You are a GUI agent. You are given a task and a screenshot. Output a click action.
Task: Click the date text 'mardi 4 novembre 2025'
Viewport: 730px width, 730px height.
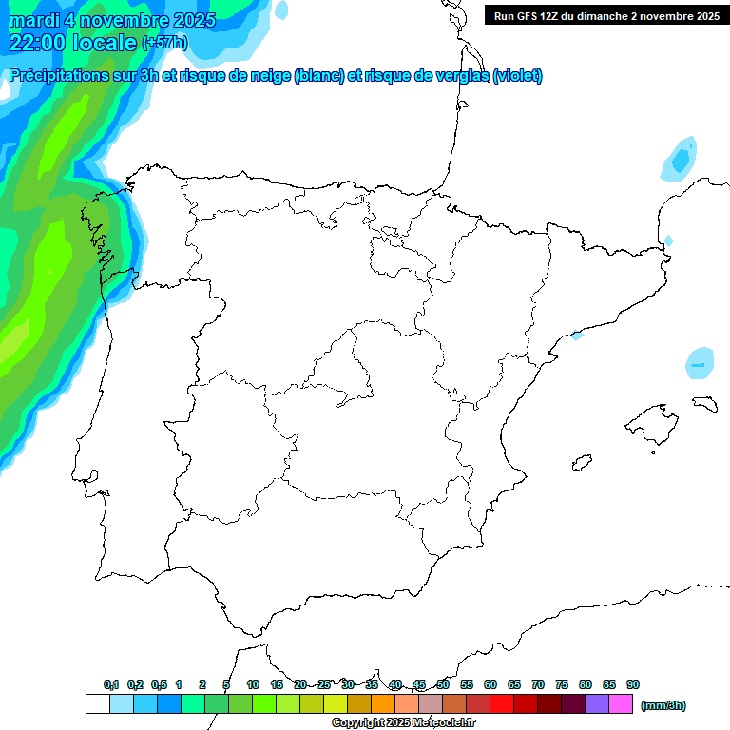112,20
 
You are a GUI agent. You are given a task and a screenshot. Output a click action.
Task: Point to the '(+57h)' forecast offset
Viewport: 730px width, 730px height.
164,43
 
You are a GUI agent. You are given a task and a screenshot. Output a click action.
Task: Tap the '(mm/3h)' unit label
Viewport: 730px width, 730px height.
663,705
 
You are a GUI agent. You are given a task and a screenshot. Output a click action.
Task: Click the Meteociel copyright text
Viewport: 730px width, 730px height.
403,723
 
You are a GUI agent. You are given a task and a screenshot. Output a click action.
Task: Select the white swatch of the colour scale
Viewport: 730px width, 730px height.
97,704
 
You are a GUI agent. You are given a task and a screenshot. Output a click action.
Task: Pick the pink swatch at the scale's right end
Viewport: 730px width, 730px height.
621,704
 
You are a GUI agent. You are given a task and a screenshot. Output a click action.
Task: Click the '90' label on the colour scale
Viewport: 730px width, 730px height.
633,684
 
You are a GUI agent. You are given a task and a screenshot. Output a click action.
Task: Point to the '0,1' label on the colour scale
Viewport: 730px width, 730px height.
111,684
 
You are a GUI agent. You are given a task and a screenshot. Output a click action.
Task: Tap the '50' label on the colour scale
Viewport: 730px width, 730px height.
443,684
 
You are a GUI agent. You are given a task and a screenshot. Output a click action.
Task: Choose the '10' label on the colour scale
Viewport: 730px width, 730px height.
253,684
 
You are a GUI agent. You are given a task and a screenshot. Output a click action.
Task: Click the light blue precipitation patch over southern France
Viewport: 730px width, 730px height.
679,160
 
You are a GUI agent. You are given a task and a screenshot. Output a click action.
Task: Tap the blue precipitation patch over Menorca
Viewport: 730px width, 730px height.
701,363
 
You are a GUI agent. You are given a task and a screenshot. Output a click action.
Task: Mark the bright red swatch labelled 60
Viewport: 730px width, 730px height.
502,704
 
